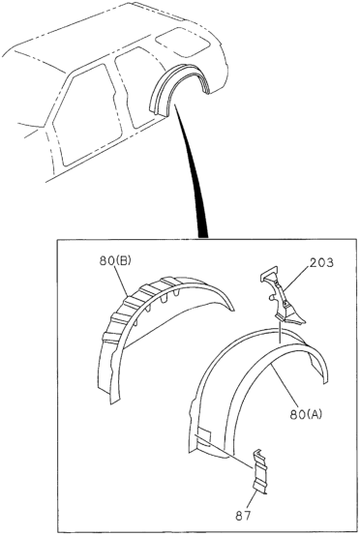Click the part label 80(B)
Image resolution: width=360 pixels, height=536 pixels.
[x=115, y=261]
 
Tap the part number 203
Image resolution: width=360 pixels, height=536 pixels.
[x=321, y=262]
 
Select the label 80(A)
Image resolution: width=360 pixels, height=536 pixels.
[x=306, y=414]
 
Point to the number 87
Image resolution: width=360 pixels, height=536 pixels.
[x=243, y=516]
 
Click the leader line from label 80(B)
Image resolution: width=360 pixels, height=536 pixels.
[x=121, y=282]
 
